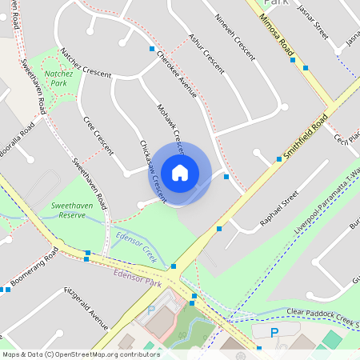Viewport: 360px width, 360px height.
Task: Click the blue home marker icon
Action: click(x=180, y=172)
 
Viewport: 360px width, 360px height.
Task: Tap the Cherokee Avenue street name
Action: click(x=176, y=71)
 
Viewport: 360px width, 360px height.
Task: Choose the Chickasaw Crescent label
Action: click(x=152, y=169)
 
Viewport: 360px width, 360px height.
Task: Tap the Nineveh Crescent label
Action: click(x=236, y=37)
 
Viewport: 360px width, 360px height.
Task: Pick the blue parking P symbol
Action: click(x=274, y=333)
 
